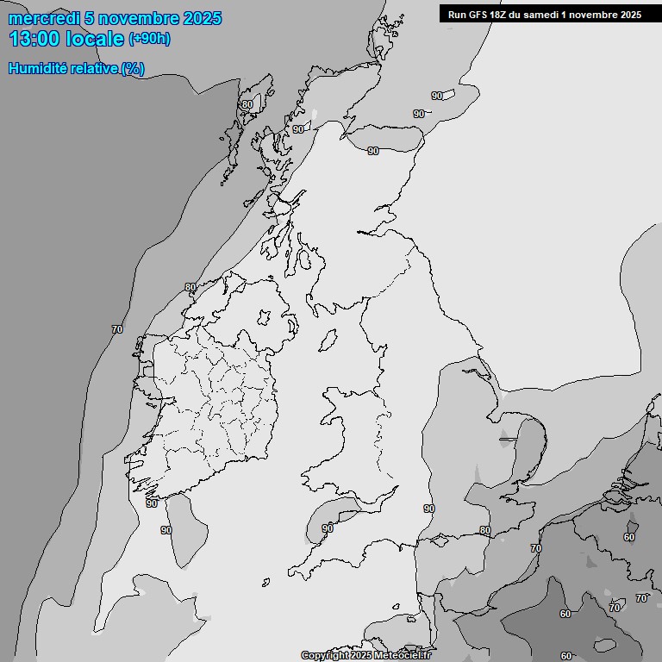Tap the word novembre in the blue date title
(134, 18)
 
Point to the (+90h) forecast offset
(149, 39)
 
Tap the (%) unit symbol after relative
(133, 69)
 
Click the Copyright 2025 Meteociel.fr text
(365, 655)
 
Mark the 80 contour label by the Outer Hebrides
(247, 105)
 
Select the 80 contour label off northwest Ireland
(190, 287)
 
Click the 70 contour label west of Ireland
(117, 329)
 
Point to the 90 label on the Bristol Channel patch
(328, 528)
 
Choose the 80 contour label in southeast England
(485, 530)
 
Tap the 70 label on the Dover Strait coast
(536, 548)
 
